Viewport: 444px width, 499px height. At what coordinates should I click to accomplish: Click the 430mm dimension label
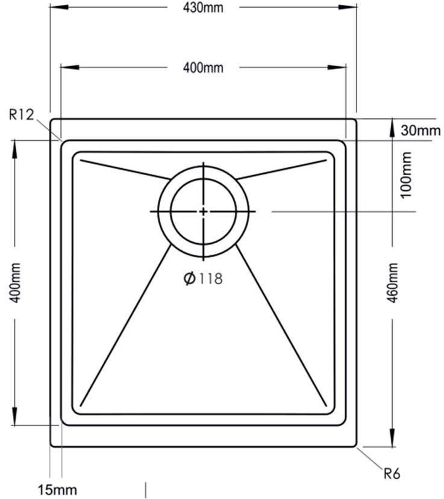click(x=203, y=8)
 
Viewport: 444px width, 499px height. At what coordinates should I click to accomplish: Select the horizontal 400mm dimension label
click(x=203, y=68)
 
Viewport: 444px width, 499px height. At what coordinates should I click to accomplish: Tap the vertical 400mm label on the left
click(x=15, y=282)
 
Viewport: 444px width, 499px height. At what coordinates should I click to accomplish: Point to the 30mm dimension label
click(x=421, y=131)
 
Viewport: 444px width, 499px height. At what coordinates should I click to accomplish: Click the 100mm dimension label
click(x=406, y=175)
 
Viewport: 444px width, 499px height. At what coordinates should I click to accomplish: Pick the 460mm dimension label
click(x=392, y=282)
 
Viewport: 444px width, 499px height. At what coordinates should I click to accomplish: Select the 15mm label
click(x=58, y=490)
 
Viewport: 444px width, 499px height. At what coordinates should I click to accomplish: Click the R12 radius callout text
click(x=21, y=114)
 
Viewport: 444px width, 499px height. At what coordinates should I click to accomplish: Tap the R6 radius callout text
click(x=392, y=474)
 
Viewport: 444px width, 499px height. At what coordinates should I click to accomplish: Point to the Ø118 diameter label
click(x=203, y=279)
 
